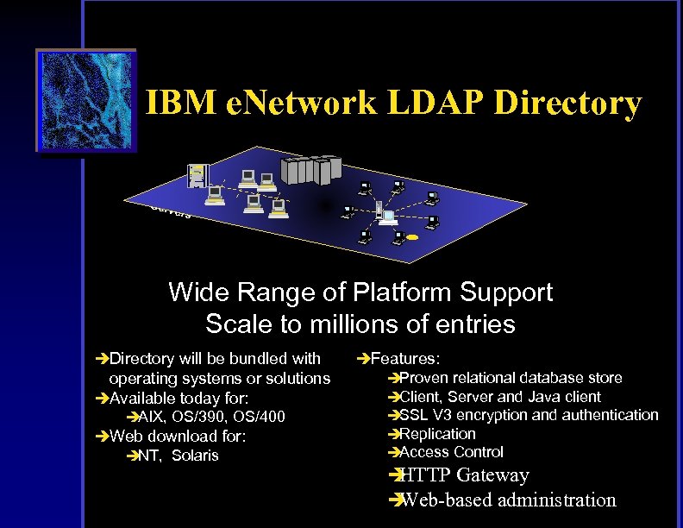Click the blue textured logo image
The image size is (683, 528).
[x=86, y=101]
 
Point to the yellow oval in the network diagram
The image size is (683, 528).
[x=412, y=236]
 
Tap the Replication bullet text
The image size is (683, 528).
[x=437, y=434]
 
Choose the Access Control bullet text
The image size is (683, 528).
[x=451, y=452]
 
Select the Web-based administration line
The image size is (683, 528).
[x=509, y=500]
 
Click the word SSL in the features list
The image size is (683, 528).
[x=414, y=415]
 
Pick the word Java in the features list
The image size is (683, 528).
[x=544, y=397]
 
